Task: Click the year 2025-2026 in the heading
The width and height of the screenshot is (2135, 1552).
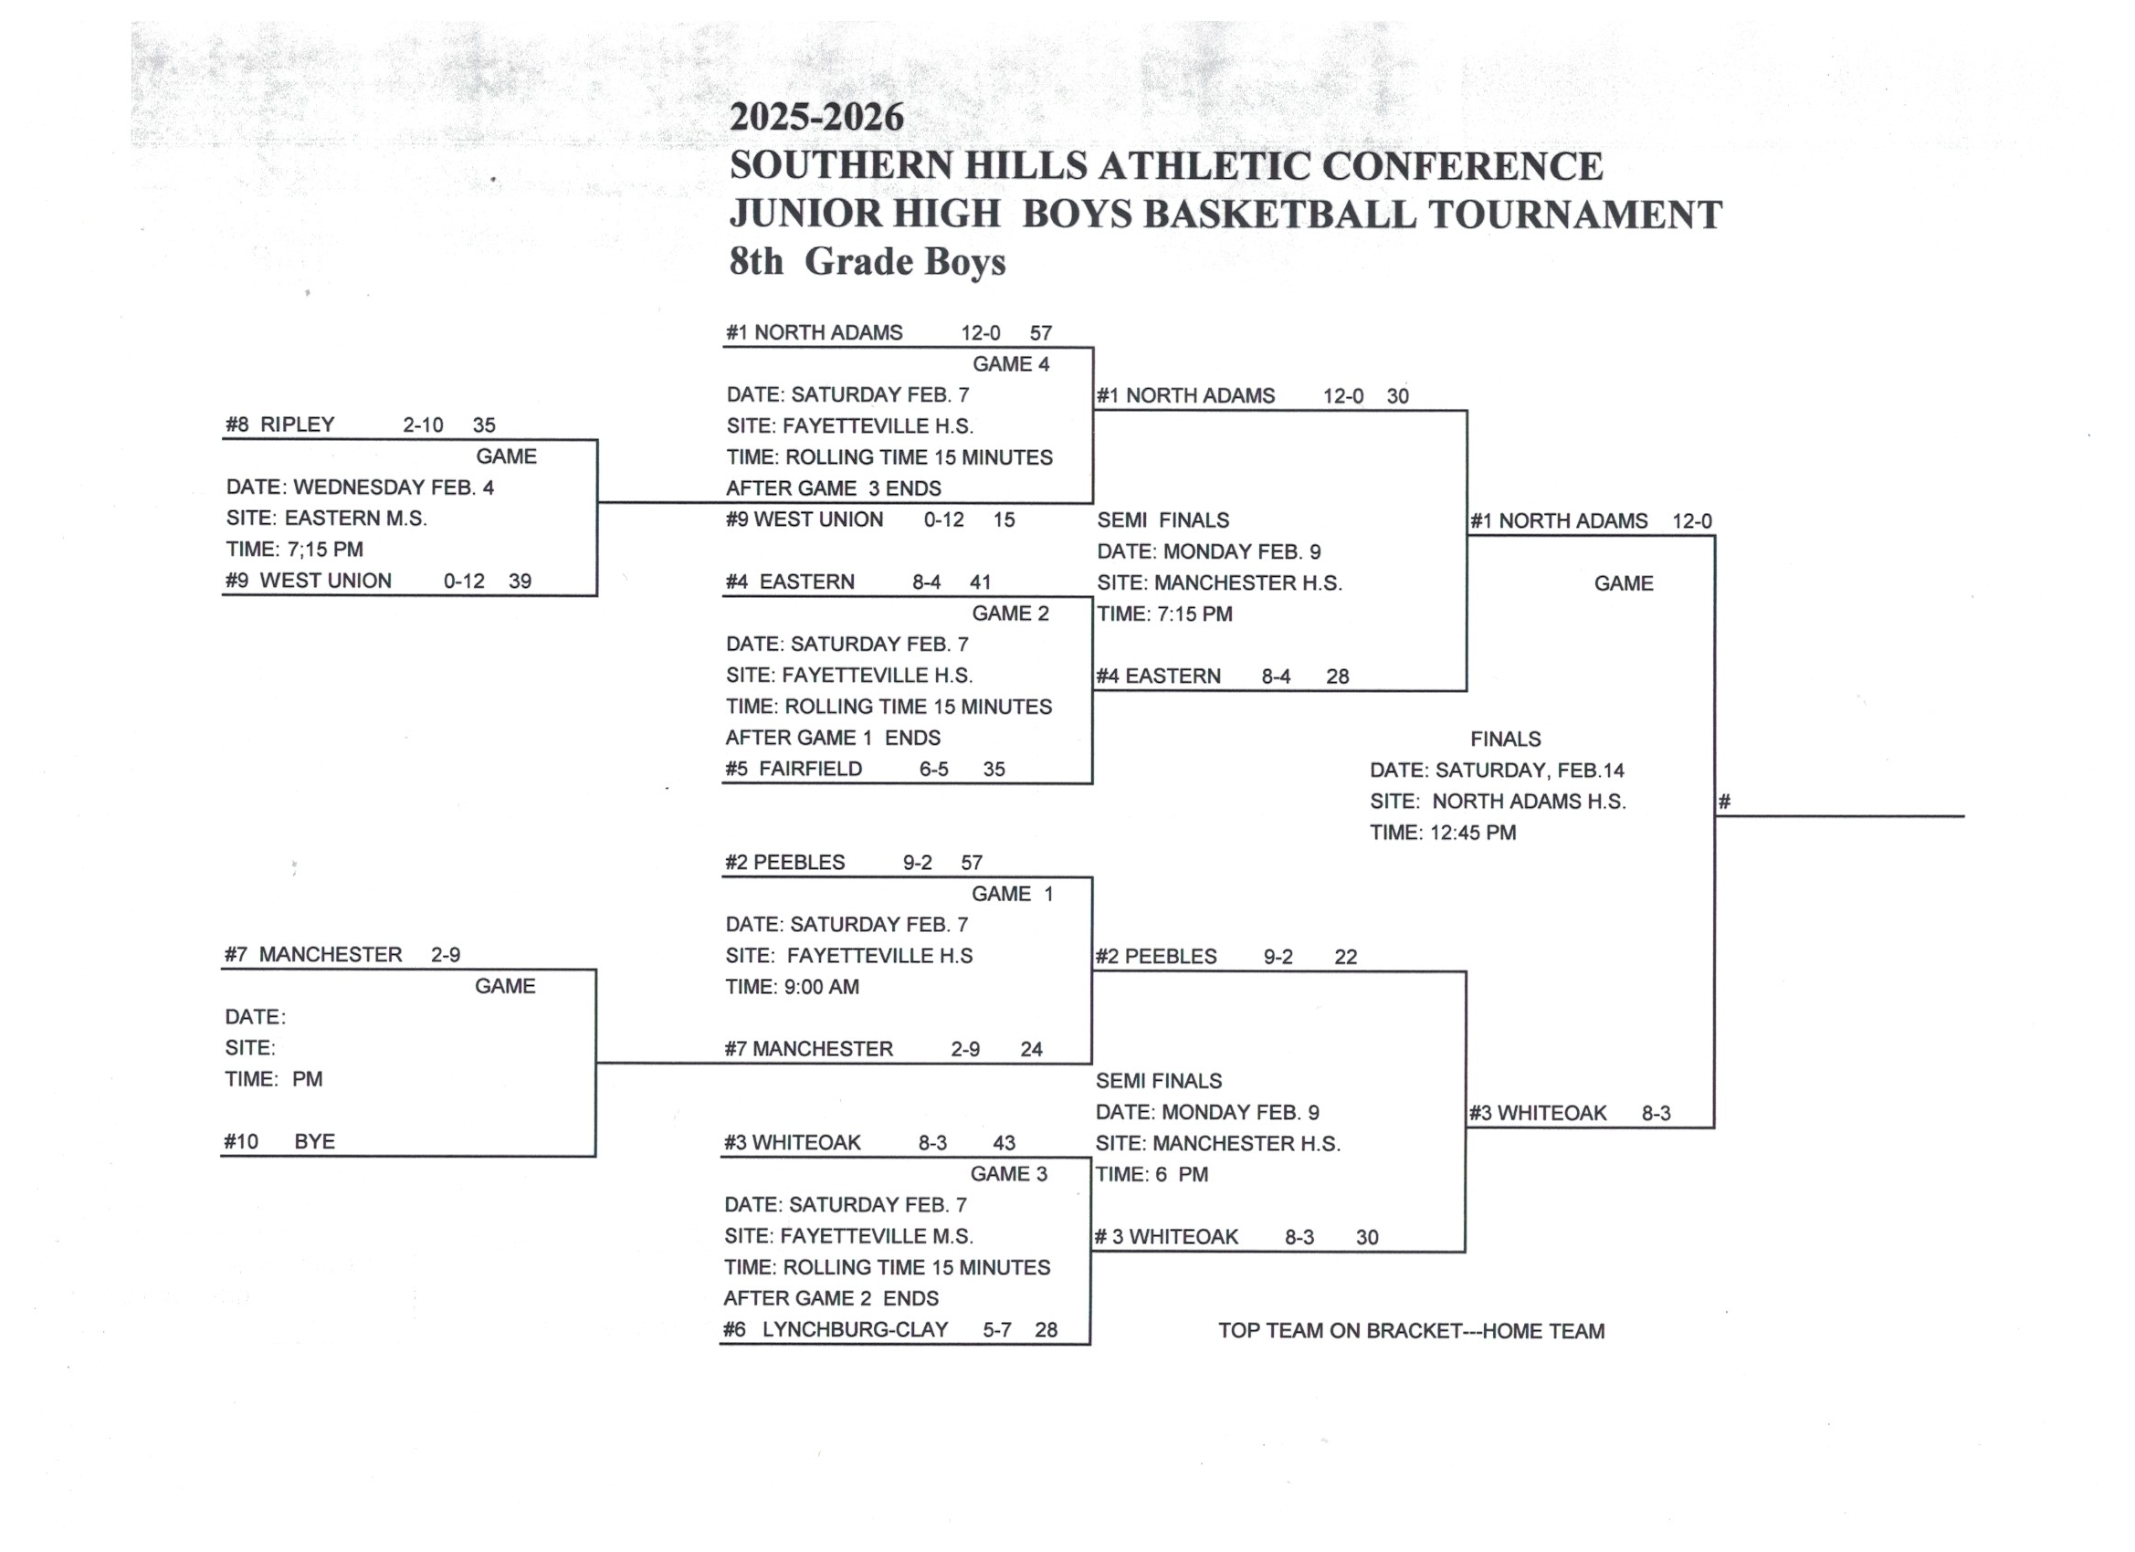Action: pyautogui.click(x=816, y=118)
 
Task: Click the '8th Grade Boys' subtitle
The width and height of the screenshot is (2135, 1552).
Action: pyautogui.click(x=867, y=262)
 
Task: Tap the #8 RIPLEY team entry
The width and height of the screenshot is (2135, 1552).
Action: pyautogui.click(x=279, y=425)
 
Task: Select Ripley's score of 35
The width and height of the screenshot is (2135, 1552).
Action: pyautogui.click(x=484, y=425)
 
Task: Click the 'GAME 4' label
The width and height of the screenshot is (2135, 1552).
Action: pyautogui.click(x=1010, y=364)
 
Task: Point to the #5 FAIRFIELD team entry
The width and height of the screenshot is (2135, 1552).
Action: pyautogui.click(x=793, y=769)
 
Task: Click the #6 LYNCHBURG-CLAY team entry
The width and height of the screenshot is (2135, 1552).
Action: pyautogui.click(x=835, y=1329)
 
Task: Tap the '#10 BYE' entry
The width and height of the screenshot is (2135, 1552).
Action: pyautogui.click(x=279, y=1142)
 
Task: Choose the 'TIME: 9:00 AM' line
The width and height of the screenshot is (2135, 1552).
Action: pyautogui.click(x=792, y=986)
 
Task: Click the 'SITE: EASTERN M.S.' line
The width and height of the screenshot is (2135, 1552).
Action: pyautogui.click(x=326, y=519)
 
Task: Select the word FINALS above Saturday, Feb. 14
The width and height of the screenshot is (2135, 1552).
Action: pyautogui.click(x=1505, y=739)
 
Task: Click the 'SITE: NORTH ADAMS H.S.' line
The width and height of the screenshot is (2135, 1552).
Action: pyautogui.click(x=1497, y=801)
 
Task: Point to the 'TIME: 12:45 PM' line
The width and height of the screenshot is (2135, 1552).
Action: pyautogui.click(x=1442, y=832)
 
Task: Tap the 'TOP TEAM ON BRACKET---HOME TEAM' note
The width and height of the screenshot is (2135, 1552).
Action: pyautogui.click(x=1410, y=1331)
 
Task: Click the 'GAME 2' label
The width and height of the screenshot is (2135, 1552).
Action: pyautogui.click(x=1010, y=613)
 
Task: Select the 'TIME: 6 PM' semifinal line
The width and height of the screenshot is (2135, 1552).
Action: pyautogui.click(x=1152, y=1174)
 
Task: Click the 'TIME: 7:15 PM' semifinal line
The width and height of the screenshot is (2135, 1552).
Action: pyautogui.click(x=1164, y=613)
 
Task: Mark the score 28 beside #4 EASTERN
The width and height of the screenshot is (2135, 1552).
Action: pyautogui.click(x=1337, y=676)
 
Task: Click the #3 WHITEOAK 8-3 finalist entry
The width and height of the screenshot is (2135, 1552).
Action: pyautogui.click(x=1569, y=1114)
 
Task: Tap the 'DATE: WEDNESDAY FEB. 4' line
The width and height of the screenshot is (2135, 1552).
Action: pyautogui.click(x=360, y=488)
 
